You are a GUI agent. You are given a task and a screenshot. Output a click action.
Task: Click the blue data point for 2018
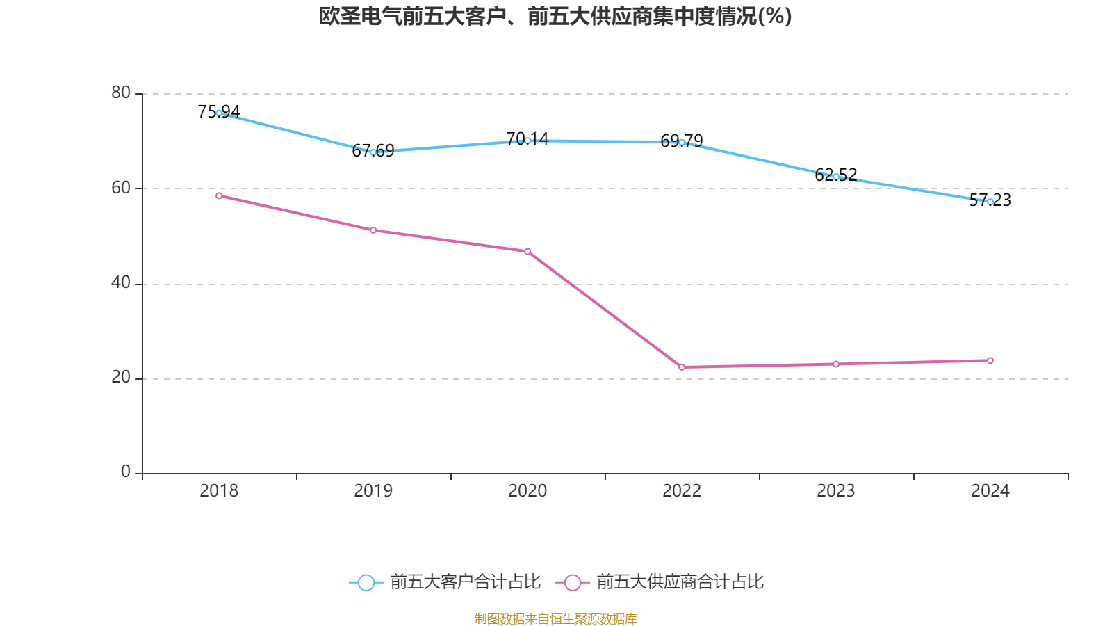219,113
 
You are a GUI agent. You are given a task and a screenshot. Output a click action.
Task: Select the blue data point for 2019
373,152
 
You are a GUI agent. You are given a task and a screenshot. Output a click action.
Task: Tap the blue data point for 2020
528,141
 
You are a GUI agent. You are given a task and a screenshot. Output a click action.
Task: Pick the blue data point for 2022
682,142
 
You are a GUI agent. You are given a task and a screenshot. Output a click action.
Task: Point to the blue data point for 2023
836,177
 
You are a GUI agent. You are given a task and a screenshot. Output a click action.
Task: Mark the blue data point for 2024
990,202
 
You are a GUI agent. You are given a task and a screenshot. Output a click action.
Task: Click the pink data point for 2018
219,195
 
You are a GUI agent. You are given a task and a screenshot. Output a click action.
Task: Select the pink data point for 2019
373,230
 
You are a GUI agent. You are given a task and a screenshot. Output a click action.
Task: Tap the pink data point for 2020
528,251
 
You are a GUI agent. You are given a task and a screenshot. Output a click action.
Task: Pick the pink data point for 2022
682,367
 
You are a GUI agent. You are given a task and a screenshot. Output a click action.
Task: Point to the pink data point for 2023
836,364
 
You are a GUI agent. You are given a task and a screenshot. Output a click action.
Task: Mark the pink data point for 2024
990,360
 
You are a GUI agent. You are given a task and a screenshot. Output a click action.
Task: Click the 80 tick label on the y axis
121,93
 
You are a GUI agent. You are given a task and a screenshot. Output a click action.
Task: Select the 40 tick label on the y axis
121,282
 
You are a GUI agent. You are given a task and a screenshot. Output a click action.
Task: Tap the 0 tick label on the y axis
126,472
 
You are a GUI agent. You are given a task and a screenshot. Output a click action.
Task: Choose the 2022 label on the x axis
682,491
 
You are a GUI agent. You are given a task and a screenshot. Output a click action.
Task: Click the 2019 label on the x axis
373,491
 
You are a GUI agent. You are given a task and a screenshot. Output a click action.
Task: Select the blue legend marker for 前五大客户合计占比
366,582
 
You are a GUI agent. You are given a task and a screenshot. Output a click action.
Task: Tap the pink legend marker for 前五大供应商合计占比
573,582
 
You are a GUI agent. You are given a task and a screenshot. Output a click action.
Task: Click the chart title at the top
555,16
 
